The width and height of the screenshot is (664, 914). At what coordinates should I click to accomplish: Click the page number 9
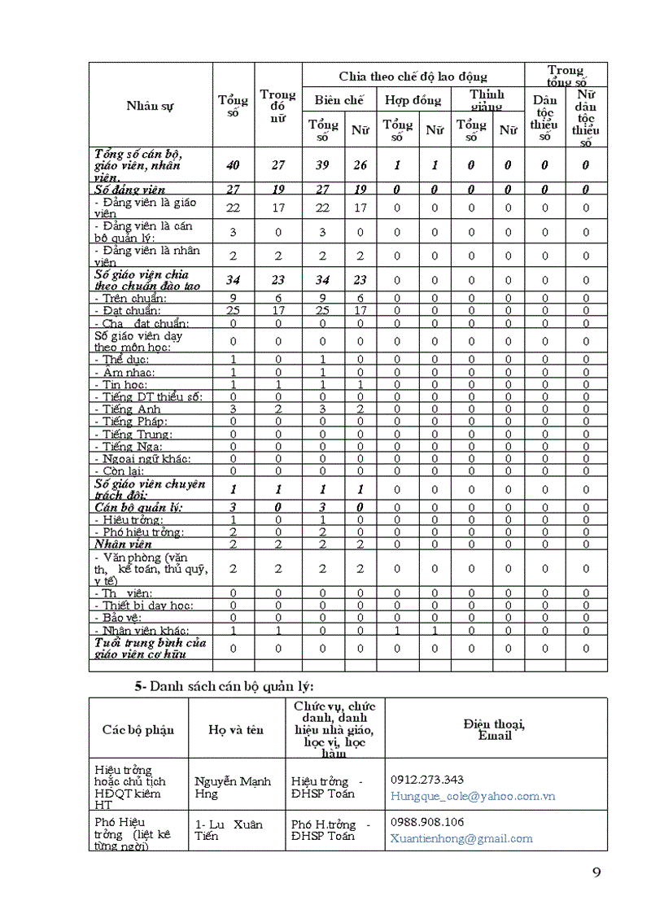pos(596,872)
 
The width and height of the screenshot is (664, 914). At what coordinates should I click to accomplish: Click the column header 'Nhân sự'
pos(150,106)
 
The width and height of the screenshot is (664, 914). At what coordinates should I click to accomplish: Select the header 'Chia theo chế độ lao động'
pos(413,77)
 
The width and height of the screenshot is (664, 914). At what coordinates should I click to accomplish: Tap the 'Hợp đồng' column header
pos(413,101)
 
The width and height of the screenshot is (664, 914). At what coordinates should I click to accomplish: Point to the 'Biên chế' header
pos(339,101)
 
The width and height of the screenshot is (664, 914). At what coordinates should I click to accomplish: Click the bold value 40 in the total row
pos(234,165)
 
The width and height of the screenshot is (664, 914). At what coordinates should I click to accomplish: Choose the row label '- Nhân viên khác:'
pos(142,631)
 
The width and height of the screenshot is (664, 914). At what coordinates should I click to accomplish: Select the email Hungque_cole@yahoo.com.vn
pos(473,796)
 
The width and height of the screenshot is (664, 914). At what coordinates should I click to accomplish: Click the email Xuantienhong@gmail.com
pos(461,838)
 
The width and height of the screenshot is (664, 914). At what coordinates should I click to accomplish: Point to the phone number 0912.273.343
pos(427,780)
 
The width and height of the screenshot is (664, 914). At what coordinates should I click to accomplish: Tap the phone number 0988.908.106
pos(427,822)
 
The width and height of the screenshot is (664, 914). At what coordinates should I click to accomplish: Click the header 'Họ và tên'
pos(236,729)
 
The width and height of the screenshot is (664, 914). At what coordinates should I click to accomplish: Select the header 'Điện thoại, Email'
pos(495,729)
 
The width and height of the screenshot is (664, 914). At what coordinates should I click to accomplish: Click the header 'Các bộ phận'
pos(138,729)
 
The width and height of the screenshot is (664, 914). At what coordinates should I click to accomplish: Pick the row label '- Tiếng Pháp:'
pos(131,422)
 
